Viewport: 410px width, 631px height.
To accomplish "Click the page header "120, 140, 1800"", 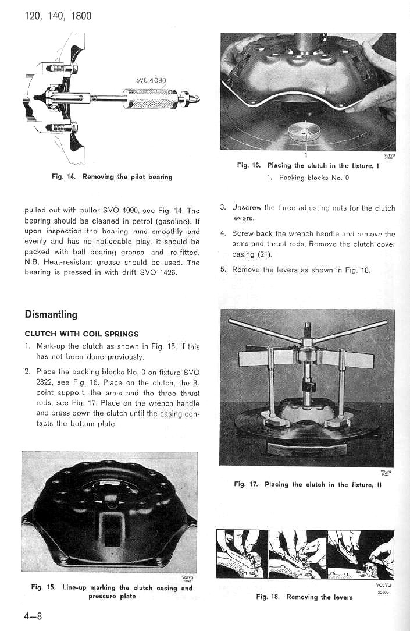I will pyautogui.click(x=58, y=16).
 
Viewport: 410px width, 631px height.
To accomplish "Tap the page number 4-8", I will pyautogui.click(x=32, y=616).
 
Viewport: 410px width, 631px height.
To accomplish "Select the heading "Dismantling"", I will pyautogui.click(x=51, y=314).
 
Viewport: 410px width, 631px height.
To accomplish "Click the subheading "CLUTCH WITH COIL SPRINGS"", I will pyautogui.click(x=81, y=334).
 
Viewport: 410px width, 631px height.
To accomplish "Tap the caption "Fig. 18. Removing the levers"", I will pyautogui.click(x=304, y=597).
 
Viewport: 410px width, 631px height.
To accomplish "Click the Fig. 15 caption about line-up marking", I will pyautogui.click(x=112, y=591).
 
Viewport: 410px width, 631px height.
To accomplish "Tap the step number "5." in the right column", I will pyautogui.click(x=223, y=269).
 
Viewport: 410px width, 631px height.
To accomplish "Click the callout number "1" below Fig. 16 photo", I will pyautogui.click(x=306, y=155).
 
